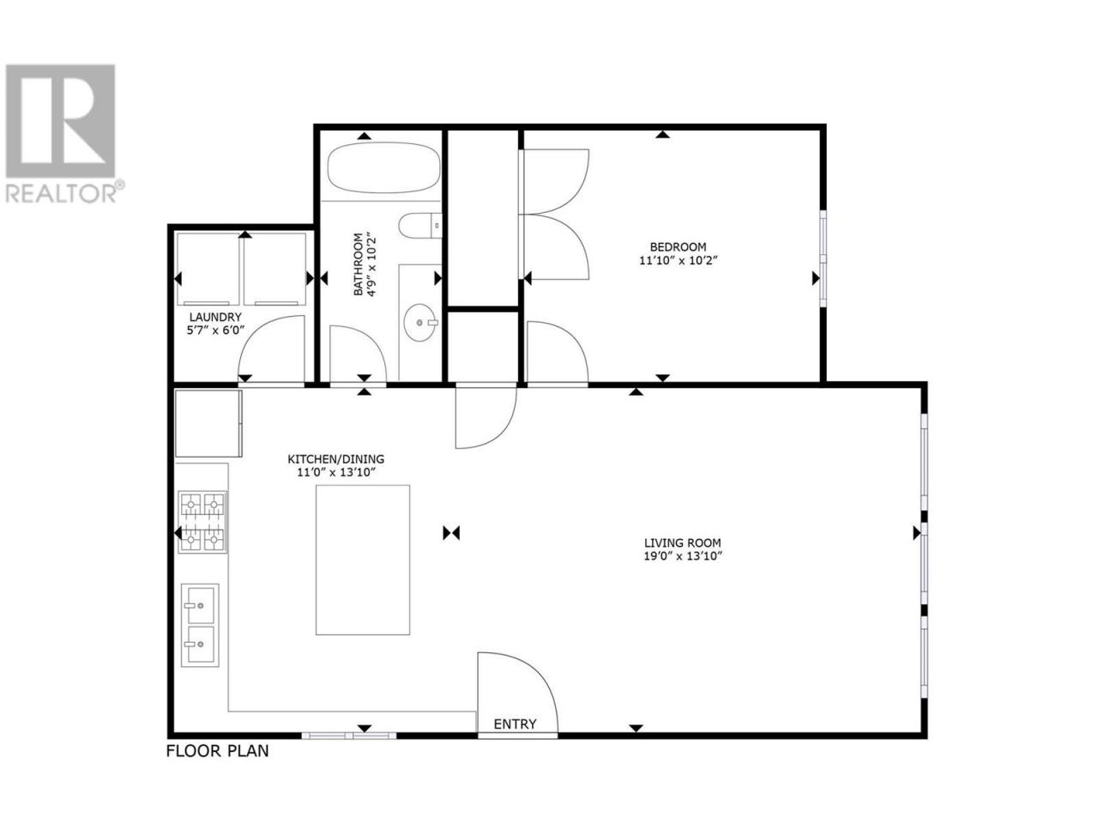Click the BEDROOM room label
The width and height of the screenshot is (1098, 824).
point(678,246)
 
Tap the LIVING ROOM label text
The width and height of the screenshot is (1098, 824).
point(682,542)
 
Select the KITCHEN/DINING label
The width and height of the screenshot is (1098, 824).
point(335,458)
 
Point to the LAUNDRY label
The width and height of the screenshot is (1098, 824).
point(215,318)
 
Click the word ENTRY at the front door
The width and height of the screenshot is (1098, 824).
point(515,724)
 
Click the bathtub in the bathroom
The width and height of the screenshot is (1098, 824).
point(383,167)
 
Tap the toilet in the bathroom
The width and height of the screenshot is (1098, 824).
point(420,226)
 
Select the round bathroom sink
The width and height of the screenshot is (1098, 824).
point(419,323)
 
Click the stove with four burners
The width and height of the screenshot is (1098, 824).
point(202,522)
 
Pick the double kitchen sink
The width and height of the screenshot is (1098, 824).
point(200,625)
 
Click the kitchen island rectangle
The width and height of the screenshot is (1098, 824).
point(363,560)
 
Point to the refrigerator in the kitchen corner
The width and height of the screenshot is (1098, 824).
point(208,423)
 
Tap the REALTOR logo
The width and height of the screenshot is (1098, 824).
point(62,134)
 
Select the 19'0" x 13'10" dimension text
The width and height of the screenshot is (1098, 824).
point(683,556)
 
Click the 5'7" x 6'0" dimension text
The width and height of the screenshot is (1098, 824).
point(215,330)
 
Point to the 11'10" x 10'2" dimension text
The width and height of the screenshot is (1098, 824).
point(679,261)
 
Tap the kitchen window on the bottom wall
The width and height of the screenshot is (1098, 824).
point(349,736)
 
